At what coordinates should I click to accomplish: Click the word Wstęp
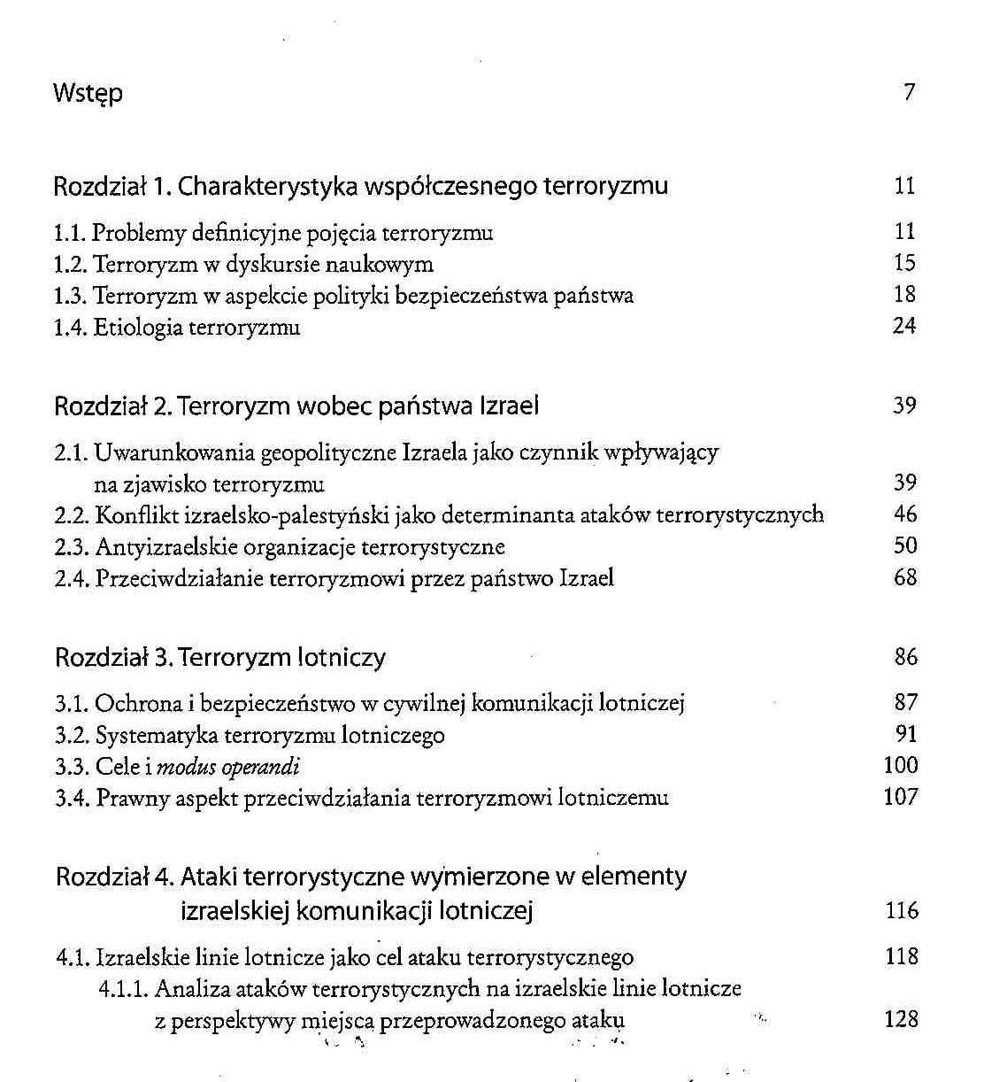(88, 94)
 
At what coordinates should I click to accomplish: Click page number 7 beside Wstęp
(909, 92)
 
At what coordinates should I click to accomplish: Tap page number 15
(904, 263)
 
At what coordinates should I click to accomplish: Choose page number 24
(904, 326)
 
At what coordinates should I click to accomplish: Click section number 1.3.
(70, 296)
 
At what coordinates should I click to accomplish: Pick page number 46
(905, 514)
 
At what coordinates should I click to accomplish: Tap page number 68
(905, 577)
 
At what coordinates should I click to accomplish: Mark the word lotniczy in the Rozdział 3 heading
(342, 658)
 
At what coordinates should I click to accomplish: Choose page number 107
(901, 797)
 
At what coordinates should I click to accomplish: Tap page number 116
(902, 910)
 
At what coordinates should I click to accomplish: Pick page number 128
(902, 1019)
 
